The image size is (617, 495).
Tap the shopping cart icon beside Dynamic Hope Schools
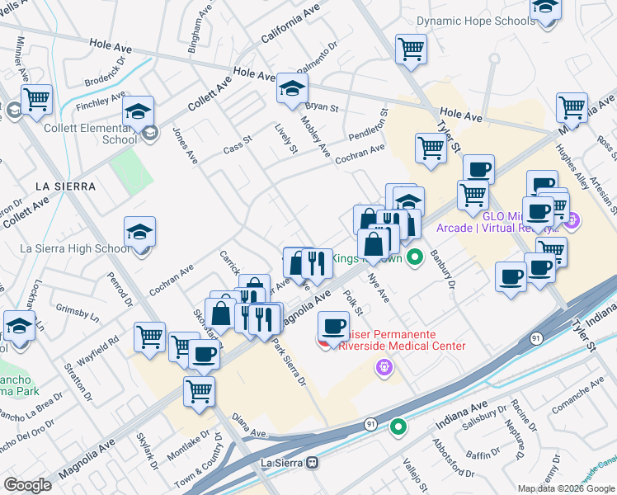[410, 49]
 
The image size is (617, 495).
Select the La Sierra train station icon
[312, 463]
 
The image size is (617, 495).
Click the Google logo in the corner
[27, 484]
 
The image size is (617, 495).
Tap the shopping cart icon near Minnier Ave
[36, 100]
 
